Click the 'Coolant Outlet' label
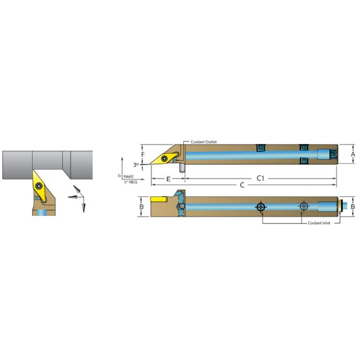pos(203,141)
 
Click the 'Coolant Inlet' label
pos(320,223)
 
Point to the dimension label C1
pos(260,177)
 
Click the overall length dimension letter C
pos(242,185)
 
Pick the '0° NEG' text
pos(131,181)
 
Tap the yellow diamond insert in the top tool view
pos(164,158)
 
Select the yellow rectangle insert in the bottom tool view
pos(160,198)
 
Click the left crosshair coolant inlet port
pos(261,207)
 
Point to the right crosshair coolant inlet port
pos(303,207)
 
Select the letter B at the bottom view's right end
pos(353,207)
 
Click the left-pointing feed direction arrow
pos(71,194)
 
